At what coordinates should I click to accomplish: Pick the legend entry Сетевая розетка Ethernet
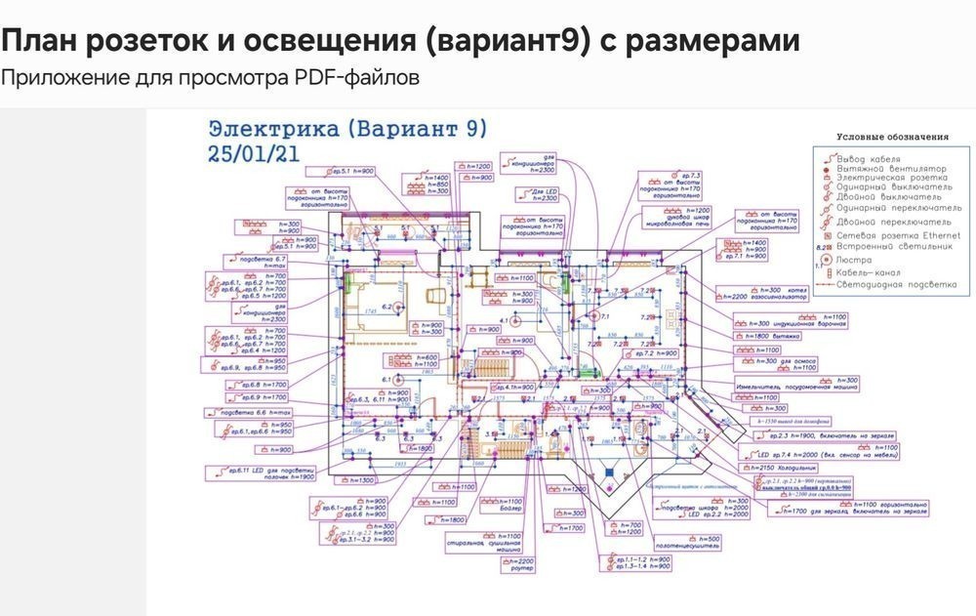[x=897, y=235]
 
